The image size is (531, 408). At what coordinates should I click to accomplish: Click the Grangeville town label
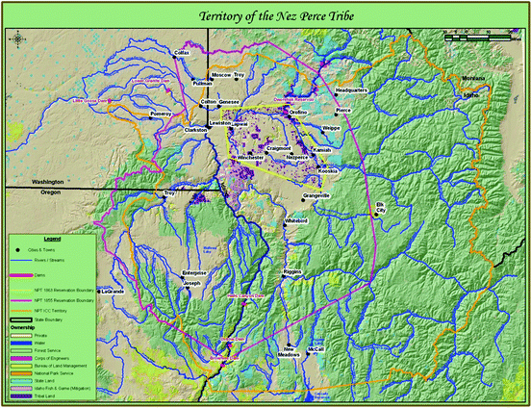pyautogui.click(x=316, y=195)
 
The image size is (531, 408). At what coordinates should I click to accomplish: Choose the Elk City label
pyautogui.click(x=379, y=209)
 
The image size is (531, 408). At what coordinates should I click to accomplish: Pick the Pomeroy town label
pyautogui.click(x=161, y=114)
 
